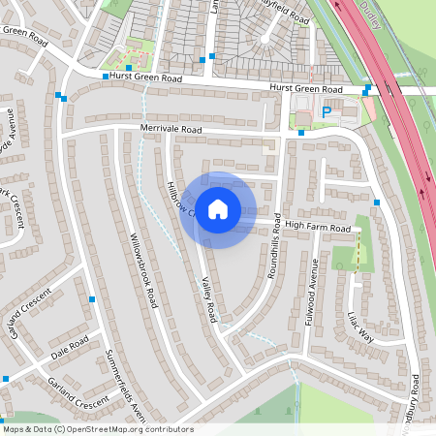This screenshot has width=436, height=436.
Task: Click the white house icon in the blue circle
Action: [218, 209]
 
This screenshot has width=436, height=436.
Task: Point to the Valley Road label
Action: [207, 299]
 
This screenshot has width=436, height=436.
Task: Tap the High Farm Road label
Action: [317, 228]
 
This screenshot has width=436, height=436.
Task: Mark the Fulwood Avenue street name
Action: [312, 291]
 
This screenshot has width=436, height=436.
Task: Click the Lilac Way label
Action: [359, 327]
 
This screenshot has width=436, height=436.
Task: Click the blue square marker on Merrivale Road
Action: [301, 133]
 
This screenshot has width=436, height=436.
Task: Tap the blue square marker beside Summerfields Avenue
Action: [91, 298]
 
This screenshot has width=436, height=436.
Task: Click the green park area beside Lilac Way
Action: [344, 257]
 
